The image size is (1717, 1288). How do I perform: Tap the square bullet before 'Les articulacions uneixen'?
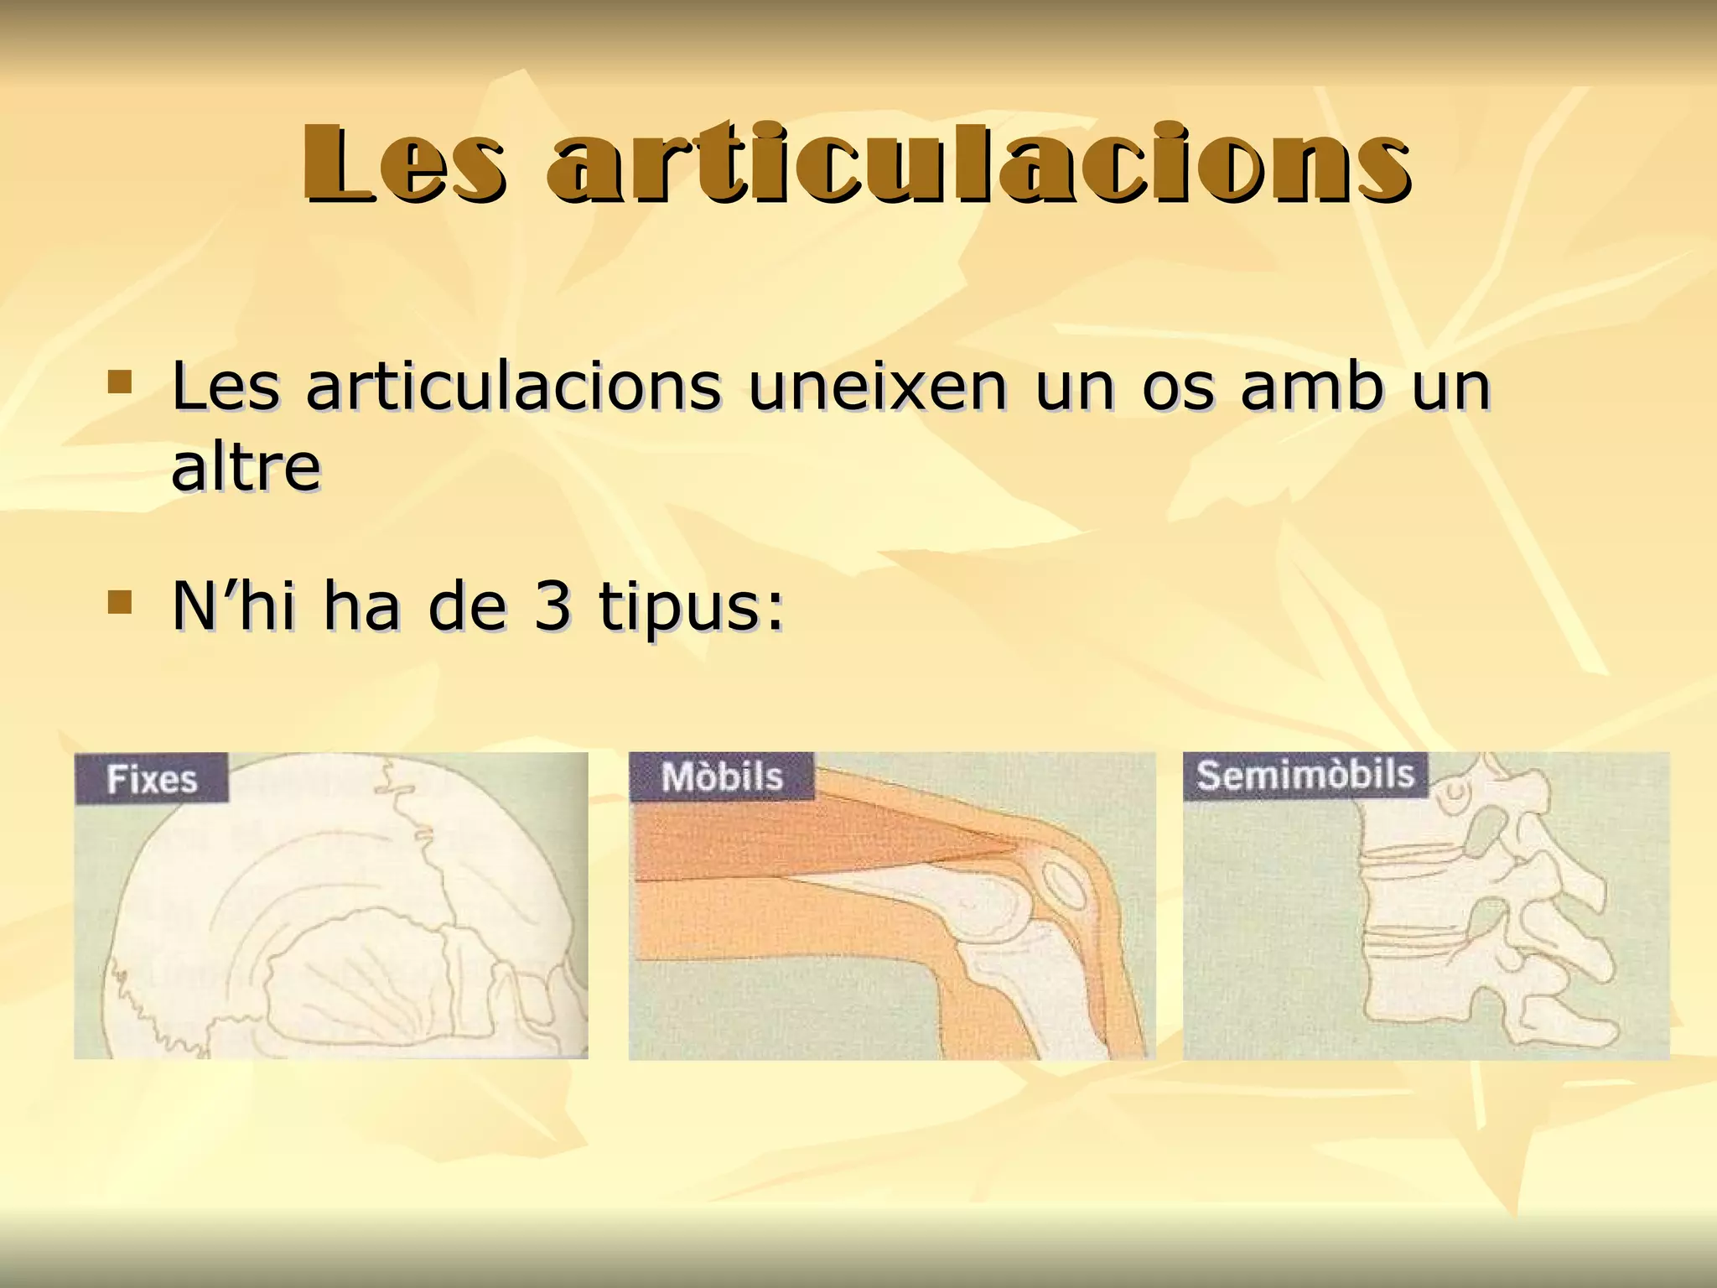click(120, 383)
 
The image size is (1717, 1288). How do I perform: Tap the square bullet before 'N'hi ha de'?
click(120, 602)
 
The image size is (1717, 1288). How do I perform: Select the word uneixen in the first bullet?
click(877, 387)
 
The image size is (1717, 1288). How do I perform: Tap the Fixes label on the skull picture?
click(152, 780)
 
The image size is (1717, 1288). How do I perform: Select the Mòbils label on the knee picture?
click(722, 777)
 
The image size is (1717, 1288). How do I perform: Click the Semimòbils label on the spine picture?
click(1305, 774)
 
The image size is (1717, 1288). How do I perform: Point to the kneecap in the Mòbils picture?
click(1066, 884)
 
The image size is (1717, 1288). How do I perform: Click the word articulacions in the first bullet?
click(512, 387)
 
